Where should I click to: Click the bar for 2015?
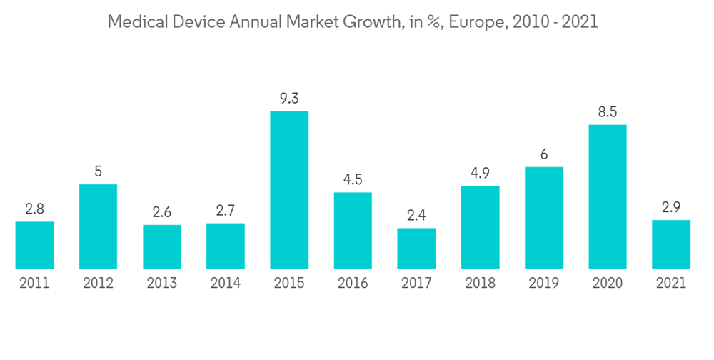coord(289,190)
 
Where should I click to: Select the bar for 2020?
coord(607,197)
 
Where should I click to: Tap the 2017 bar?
coord(416,249)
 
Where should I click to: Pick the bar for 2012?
coord(98,226)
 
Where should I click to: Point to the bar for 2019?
coord(543,218)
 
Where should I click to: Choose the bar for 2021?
coord(671,244)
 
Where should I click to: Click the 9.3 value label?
coord(289,99)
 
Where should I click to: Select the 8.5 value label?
coord(607,112)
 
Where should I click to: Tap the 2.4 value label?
coord(416,216)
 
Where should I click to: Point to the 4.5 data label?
coord(353,179)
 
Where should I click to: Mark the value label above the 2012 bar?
coord(98,171)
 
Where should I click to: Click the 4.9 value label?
coord(480,174)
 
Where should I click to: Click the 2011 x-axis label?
coord(34,284)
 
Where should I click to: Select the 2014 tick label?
coord(225,284)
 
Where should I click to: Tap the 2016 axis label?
coord(353,284)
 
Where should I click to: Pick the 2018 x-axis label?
coord(480,284)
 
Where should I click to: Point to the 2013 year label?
coord(161,284)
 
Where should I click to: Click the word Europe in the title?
coord(456,23)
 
